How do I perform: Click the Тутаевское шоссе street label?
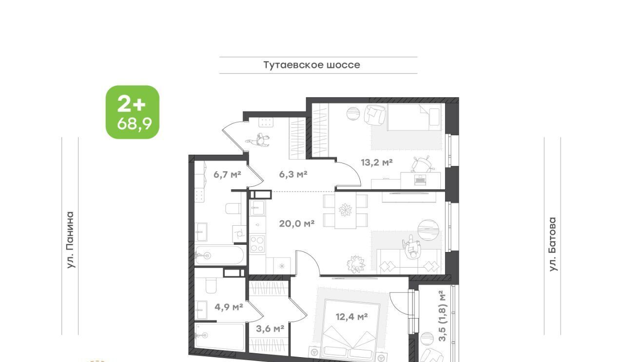312,65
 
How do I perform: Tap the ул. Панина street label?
71,240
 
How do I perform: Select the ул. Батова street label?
552,244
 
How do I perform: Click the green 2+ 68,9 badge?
133,112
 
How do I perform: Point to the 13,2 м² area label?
377,162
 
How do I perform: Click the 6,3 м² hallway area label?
293,174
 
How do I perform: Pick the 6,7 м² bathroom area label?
227,175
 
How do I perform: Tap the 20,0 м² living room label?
297,223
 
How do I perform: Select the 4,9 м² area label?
229,307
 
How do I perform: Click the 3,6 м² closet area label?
270,328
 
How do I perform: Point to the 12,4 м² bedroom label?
351,316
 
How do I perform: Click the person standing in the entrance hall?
258,140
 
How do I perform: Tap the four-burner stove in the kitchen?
257,244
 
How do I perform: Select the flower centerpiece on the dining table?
345,210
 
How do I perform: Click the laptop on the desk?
420,180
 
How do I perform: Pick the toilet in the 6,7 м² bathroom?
233,209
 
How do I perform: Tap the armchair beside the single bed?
375,114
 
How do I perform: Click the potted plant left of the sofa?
356,264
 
